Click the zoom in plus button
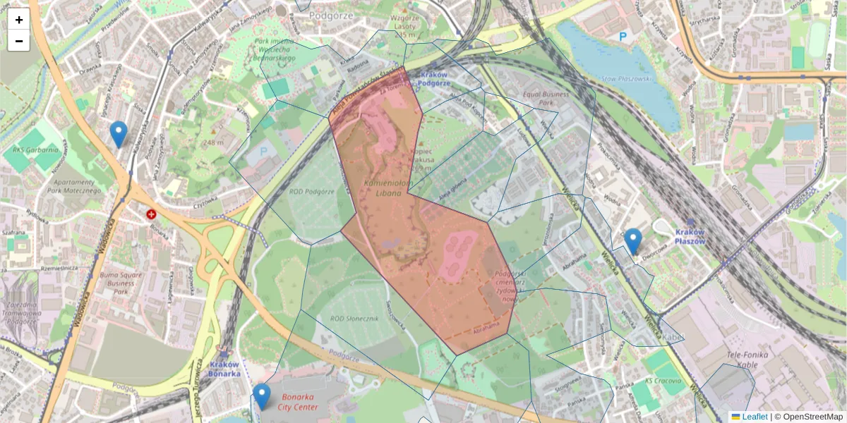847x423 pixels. (x=19, y=20)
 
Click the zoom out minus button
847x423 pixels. (x=19, y=41)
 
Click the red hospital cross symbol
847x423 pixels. (x=151, y=214)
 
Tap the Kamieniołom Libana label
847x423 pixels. (x=383, y=188)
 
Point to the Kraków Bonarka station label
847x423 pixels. (x=224, y=369)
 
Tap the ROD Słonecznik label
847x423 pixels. (x=355, y=319)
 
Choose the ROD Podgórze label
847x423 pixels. (x=311, y=191)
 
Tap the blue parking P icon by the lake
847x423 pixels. (x=623, y=37)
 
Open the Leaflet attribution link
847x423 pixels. (x=749, y=417)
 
